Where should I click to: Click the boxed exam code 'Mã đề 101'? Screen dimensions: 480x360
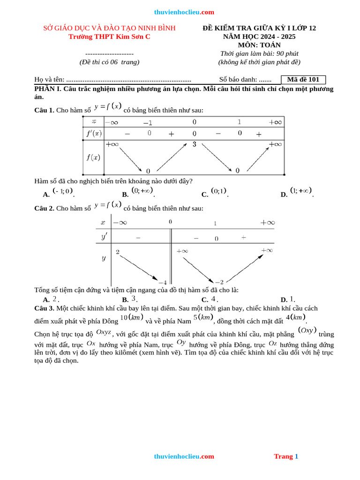(x=303, y=80)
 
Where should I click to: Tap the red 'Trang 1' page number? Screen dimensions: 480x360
(x=286, y=456)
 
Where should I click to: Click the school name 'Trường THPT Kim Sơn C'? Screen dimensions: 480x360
(x=109, y=37)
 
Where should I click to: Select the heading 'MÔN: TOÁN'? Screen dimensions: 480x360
(x=259, y=45)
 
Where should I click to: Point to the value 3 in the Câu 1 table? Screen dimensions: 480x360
(x=194, y=144)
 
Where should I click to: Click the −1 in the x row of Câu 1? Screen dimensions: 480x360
(x=148, y=122)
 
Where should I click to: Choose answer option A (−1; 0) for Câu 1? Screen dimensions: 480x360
(x=63, y=191)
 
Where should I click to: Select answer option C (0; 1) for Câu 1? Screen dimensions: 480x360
(x=218, y=191)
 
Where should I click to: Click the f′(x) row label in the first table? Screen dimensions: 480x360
(x=93, y=134)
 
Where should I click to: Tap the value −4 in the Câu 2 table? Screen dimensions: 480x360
(x=162, y=282)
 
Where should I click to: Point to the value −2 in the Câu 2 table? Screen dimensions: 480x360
(x=218, y=282)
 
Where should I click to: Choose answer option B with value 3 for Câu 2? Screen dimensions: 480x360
(x=134, y=299)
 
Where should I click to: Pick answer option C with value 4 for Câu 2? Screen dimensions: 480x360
(x=213, y=299)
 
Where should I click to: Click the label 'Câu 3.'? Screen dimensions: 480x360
(x=45, y=308)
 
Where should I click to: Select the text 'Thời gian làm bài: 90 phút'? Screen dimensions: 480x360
(x=259, y=53)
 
